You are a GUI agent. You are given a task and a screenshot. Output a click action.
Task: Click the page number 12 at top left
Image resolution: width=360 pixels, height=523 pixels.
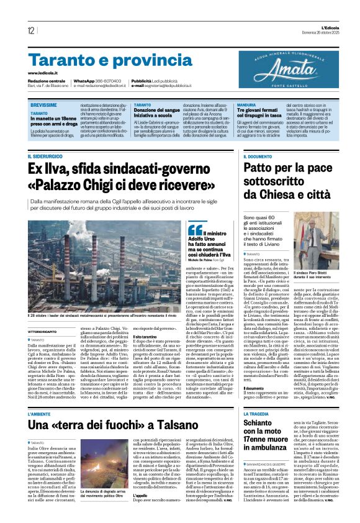click(30, 31)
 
